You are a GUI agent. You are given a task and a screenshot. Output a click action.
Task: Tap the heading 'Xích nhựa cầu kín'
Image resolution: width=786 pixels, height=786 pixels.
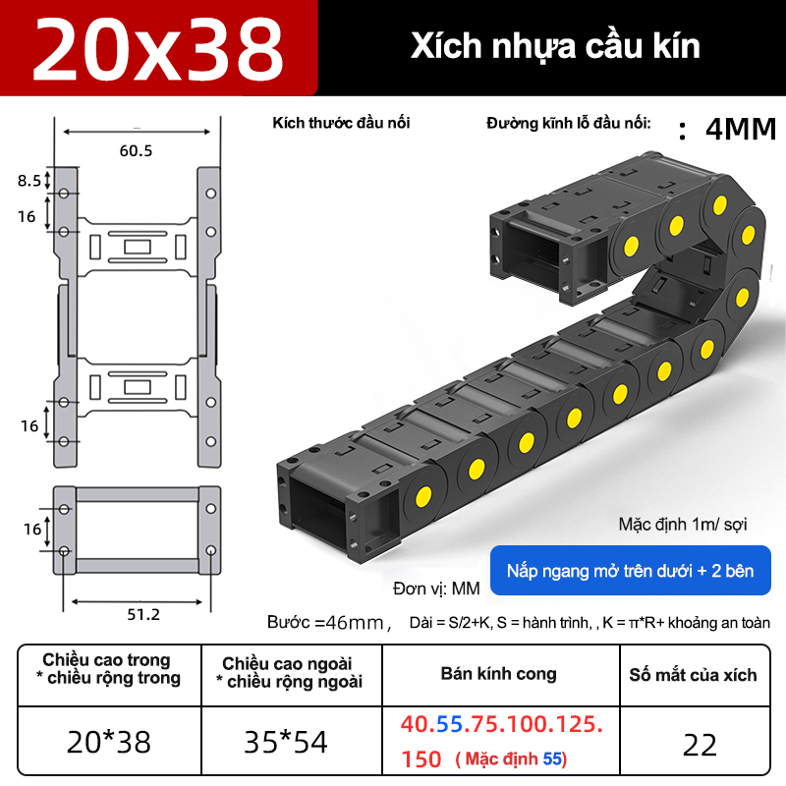pyautogui.click(x=555, y=46)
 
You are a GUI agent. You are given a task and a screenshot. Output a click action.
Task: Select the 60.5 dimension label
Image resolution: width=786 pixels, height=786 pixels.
pyautogui.click(x=136, y=150)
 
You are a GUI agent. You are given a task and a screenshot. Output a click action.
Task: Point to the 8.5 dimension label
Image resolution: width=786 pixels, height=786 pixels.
pyautogui.click(x=29, y=181)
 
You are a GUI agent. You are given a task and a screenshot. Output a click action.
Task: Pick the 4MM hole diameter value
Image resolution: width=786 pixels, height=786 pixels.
pyautogui.click(x=740, y=130)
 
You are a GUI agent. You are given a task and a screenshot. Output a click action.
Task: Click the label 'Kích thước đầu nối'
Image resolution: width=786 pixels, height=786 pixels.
pyautogui.click(x=341, y=123)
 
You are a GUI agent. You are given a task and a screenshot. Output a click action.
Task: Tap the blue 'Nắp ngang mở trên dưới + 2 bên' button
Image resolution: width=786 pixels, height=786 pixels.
pyautogui.click(x=631, y=571)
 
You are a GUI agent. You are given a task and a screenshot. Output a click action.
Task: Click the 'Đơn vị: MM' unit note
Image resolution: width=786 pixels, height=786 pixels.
pyautogui.click(x=435, y=589)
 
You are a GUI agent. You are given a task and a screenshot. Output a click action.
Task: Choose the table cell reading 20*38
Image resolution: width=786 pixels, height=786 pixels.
pyautogui.click(x=109, y=742)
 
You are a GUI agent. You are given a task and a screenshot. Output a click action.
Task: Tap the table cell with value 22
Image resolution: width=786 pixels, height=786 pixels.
pyautogui.click(x=701, y=744)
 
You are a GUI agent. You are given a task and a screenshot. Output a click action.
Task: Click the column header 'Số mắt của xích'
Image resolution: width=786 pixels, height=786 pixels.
pyautogui.click(x=694, y=675)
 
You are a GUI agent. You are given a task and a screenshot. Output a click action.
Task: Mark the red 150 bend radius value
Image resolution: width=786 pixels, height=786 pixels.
pyautogui.click(x=422, y=759)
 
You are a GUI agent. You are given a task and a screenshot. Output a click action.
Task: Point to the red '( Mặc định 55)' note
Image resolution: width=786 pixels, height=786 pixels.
pyautogui.click(x=512, y=759)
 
